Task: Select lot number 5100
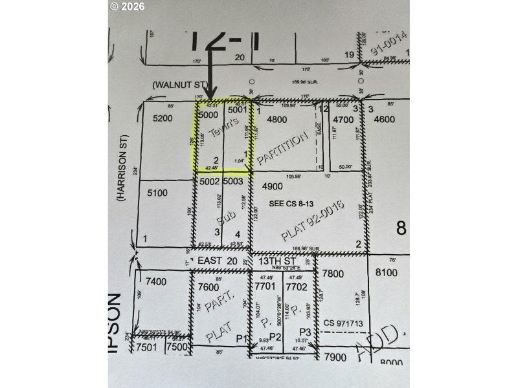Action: pos(157,192)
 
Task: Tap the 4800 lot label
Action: pos(276,119)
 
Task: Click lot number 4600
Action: pos(383,119)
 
